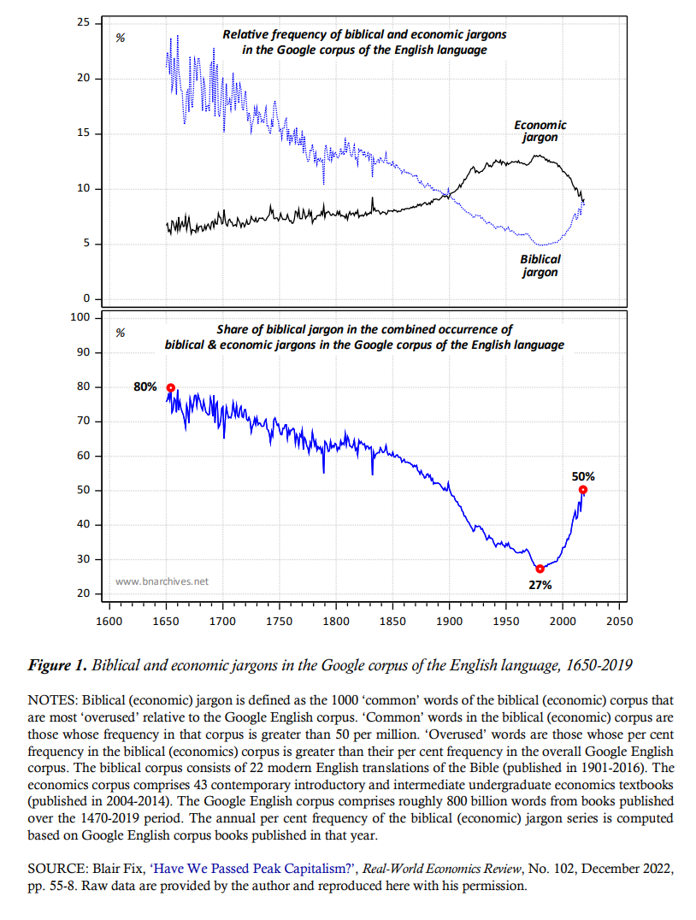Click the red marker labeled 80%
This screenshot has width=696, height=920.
coord(170,387)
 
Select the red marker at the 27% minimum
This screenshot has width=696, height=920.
coord(540,569)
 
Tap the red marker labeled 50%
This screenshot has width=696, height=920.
coord(583,490)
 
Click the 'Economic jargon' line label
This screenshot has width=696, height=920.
coord(540,131)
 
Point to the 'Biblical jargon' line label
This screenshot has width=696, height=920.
coord(540,265)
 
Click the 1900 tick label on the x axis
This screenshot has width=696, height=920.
coord(449,621)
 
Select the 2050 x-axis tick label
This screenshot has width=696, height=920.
coord(618,621)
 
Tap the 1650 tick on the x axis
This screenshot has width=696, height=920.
coord(166,621)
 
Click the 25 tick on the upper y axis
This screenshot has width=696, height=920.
coord(84,21)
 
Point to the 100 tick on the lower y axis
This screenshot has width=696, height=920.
coord(80,317)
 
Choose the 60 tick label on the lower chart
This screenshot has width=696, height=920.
coord(83,456)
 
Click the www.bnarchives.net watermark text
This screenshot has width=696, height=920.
coord(162,581)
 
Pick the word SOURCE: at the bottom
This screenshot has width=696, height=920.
coord(57,869)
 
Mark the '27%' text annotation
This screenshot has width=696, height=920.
coord(540,585)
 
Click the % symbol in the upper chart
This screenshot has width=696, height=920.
coord(121,38)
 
